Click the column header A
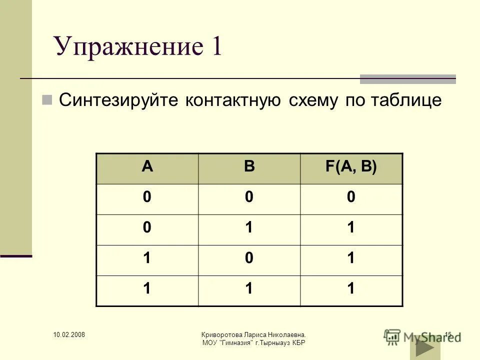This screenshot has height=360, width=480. pos(147,167)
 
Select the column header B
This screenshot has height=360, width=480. pos(249,167)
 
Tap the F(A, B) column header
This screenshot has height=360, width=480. pos(351,167)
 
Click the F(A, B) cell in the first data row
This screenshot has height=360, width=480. pos(351,198)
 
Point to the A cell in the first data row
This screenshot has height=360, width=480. pos(147,198)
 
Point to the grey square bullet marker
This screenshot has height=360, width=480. pos(47,99)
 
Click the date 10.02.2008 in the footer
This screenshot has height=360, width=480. pos(69,334)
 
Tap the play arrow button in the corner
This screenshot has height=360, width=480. pos(424,348)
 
